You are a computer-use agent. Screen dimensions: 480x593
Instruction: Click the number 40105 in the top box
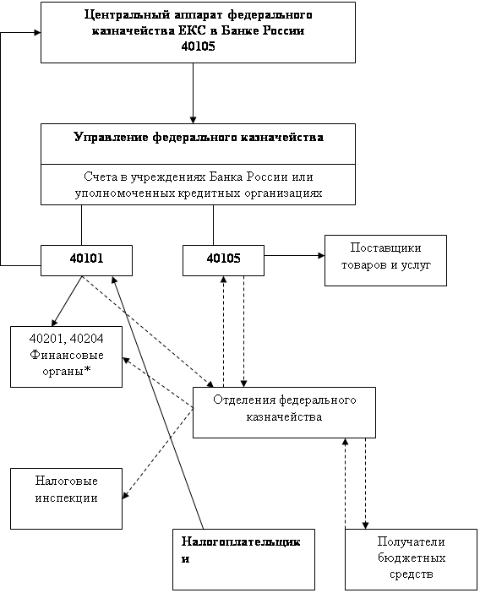[x=198, y=46]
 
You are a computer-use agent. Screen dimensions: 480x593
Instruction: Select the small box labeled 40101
[x=86, y=260]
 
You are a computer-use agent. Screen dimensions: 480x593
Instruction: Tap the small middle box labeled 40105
[x=223, y=260]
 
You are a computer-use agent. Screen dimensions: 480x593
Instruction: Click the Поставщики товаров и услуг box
[x=385, y=260]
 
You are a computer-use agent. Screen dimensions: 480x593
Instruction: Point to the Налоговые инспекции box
[x=66, y=498]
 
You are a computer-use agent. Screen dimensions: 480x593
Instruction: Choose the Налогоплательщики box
[x=243, y=559]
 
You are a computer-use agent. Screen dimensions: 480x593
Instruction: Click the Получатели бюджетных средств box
[x=411, y=559]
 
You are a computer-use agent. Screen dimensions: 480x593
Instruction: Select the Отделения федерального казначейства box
[x=284, y=412]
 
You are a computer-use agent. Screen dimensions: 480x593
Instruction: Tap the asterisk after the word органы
[x=87, y=371]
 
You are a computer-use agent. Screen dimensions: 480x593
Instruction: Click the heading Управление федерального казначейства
[x=199, y=137]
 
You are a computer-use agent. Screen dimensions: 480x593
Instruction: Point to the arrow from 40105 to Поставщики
[x=294, y=256]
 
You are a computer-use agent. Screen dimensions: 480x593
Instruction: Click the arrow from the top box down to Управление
[x=193, y=93]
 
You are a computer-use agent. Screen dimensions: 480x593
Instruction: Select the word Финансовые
[x=67, y=355]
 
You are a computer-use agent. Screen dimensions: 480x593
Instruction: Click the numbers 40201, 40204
[x=67, y=339]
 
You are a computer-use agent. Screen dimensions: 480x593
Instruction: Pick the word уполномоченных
[x=125, y=193]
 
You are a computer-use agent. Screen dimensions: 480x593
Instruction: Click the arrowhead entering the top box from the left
[x=37, y=33]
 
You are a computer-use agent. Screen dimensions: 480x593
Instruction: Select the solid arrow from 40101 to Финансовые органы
[x=67, y=301]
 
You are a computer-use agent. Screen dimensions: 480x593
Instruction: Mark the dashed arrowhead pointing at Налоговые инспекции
[x=126, y=495]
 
